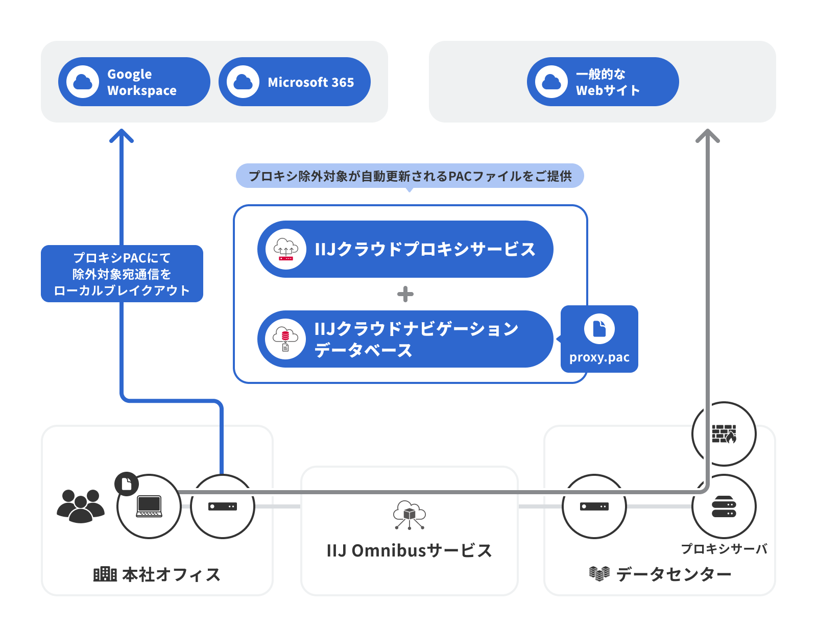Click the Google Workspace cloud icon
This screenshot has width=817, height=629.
click(83, 82)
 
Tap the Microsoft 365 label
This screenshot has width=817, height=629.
click(310, 82)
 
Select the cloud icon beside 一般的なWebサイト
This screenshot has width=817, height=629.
click(551, 82)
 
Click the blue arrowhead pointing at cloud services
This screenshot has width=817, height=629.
click(122, 136)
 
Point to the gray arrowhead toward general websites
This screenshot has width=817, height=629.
click(708, 136)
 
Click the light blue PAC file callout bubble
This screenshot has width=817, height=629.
click(410, 176)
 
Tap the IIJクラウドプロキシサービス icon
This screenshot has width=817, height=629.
click(286, 249)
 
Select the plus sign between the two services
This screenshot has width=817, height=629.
click(405, 294)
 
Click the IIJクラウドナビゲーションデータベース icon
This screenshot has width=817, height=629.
click(285, 339)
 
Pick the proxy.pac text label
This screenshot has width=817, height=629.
click(599, 357)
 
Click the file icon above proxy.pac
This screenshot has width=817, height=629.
click(599, 329)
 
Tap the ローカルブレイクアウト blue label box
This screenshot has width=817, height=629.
click(122, 274)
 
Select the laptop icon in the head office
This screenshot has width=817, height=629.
click(149, 506)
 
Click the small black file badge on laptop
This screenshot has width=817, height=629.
click(127, 483)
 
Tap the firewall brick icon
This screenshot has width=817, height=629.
click(724, 434)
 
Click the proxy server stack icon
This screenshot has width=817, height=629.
click(724, 506)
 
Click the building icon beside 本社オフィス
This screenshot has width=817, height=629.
click(105, 574)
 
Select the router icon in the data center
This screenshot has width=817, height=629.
click(594, 506)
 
